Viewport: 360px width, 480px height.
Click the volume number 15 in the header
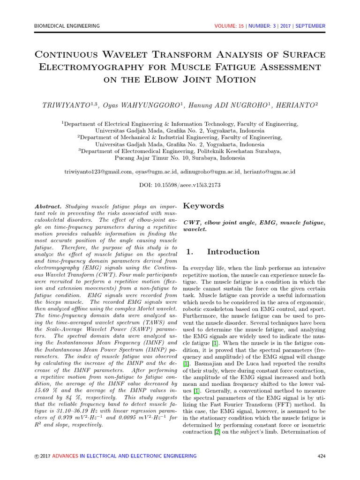coord(241,26)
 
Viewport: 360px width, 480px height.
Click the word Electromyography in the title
coord(93,67)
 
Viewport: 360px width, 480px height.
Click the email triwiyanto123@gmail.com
coord(98,172)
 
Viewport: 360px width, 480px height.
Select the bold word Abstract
coord(48,207)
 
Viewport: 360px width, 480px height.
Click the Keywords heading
coord(203,206)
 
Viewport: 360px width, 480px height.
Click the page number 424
coord(321,456)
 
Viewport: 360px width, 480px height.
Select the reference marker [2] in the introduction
coord(217,432)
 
